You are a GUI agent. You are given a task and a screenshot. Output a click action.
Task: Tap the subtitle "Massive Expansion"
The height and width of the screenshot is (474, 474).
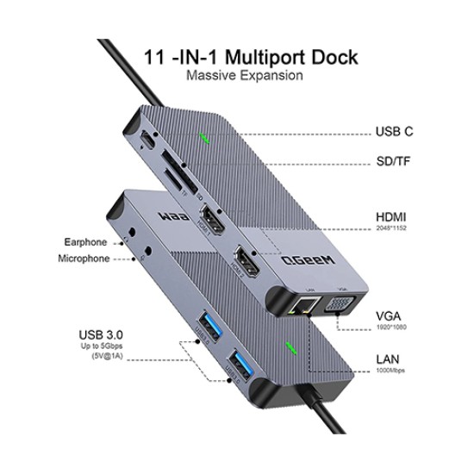coord(244,77)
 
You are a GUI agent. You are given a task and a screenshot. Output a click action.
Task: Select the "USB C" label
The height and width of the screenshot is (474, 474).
coord(394,132)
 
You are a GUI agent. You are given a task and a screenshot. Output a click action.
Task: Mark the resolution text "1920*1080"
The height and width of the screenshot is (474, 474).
coord(391,328)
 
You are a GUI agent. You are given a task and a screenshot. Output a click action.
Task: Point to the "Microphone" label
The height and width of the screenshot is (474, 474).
coord(84,259)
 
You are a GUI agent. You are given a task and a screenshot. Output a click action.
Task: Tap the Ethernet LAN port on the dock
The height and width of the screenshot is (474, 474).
coord(304,305)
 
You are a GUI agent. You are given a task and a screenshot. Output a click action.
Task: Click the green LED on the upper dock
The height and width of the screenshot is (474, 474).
coord(204,138)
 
